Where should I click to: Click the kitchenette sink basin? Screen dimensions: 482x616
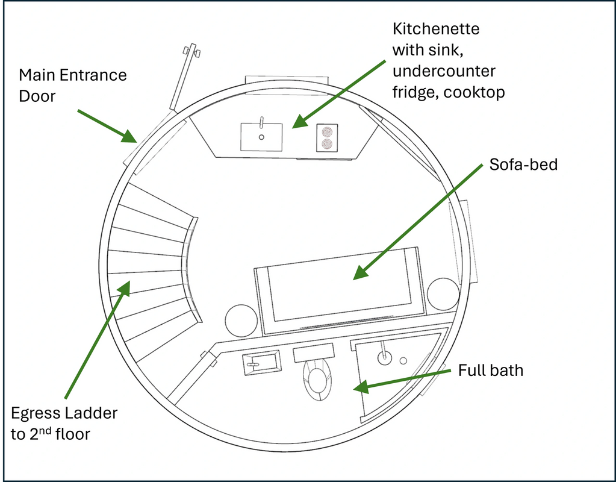pyautogui.click(x=261, y=137)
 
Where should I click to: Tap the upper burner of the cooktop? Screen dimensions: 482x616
pyautogui.click(x=327, y=131)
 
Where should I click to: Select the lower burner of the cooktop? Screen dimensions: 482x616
pyautogui.click(x=327, y=143)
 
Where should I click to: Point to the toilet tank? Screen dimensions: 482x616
pyautogui.click(x=313, y=352)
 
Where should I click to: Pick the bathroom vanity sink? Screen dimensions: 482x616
pyautogui.click(x=261, y=363)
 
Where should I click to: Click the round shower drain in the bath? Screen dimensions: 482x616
pyautogui.click(x=403, y=360)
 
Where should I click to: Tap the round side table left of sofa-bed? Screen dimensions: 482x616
pyautogui.click(x=242, y=321)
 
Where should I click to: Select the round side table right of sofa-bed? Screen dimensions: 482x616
pyautogui.click(x=444, y=294)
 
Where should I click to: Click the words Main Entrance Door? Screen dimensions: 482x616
pyautogui.click(x=73, y=85)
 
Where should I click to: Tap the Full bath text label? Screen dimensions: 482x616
pyautogui.click(x=491, y=369)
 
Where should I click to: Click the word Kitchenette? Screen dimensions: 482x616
pyautogui.click(x=436, y=29)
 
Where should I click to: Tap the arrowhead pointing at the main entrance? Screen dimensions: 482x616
pyautogui.click(x=129, y=137)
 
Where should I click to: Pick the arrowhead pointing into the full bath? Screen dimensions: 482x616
pyautogui.click(x=361, y=387)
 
